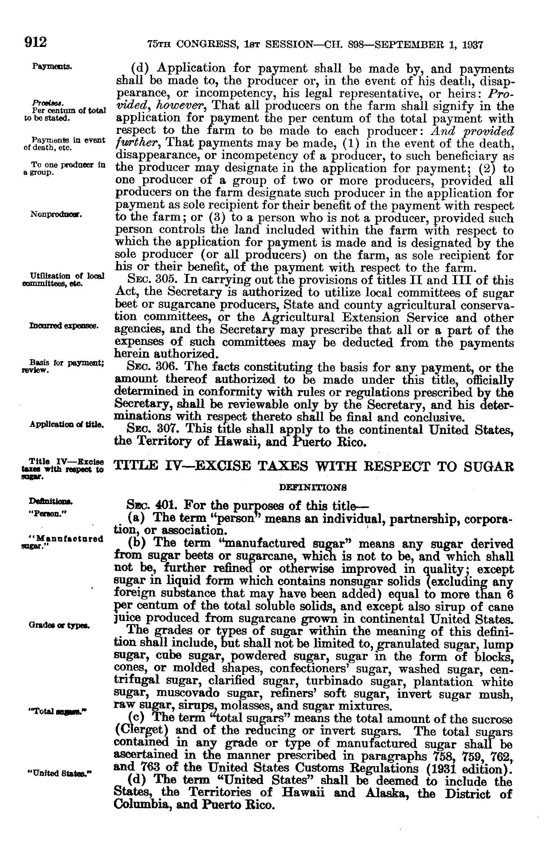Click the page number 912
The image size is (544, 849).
click(x=35, y=43)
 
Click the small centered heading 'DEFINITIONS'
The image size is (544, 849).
click(x=313, y=488)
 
